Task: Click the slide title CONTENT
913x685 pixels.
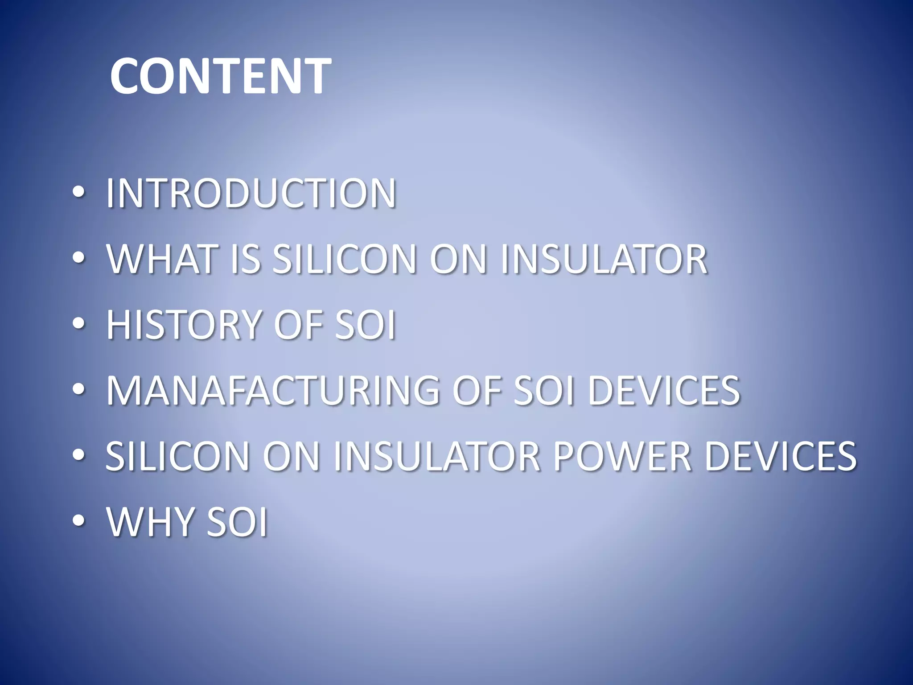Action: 220,76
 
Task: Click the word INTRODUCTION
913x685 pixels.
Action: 251,193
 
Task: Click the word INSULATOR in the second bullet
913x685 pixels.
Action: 604,259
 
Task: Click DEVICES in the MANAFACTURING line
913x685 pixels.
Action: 664,390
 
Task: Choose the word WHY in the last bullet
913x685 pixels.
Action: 149,521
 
